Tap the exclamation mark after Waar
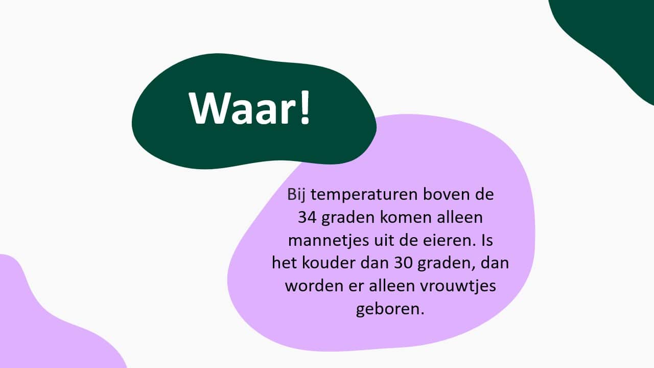304,107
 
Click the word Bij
296,195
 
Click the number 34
307,217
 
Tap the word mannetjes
329,241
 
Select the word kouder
328,263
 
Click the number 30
403,263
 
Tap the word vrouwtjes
458,286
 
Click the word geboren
390,309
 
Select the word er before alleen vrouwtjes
356,287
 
